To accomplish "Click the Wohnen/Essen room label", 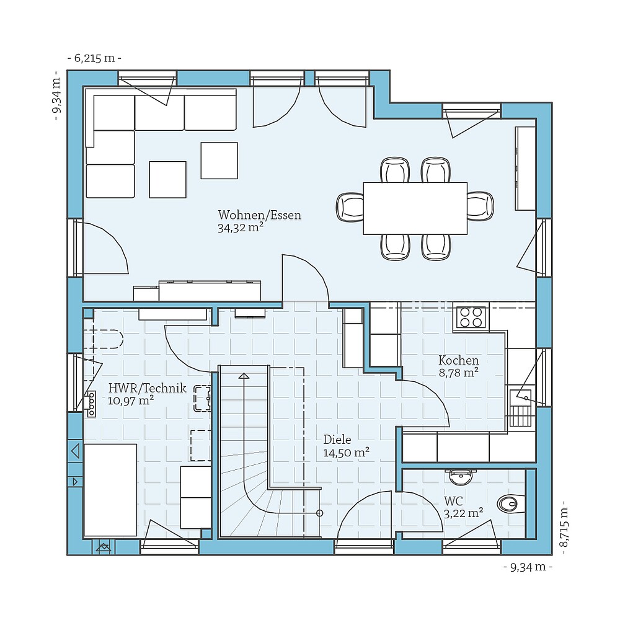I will coord(259,215).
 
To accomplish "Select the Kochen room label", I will coord(458,360).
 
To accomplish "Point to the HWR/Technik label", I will coord(147,389).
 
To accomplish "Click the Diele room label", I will coord(337,440).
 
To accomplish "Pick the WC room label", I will coord(453,500).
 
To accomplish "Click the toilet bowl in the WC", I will coord(508,503).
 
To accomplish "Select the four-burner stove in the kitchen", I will coord(471,317).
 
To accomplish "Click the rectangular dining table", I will coord(415,208).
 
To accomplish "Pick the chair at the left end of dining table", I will coord(350,207).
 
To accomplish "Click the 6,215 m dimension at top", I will coord(94,58).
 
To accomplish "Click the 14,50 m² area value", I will coord(346,453).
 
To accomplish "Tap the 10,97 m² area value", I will coord(131,401).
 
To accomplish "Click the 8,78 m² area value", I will coord(458,373).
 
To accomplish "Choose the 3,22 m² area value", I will coord(463,513).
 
